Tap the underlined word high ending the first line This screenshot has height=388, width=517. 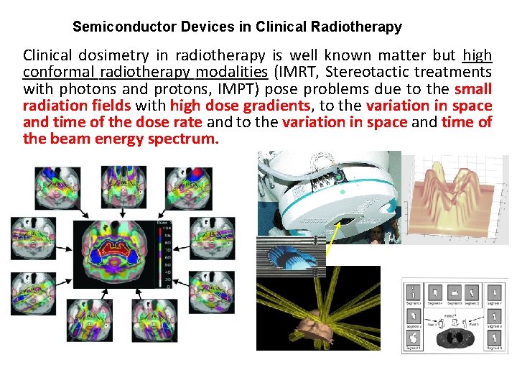click(478, 55)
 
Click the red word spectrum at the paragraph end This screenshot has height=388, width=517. click(182, 139)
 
